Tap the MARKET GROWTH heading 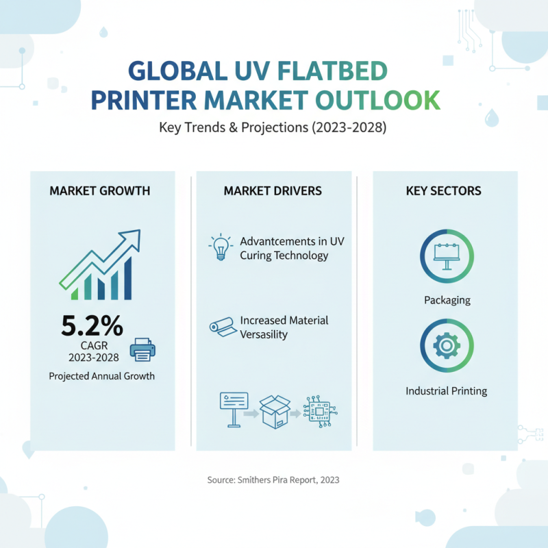[99, 190]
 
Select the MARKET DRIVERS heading [273, 190]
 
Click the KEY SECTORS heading [443, 190]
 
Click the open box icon [275, 412]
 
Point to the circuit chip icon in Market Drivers [319, 411]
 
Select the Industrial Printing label [446, 391]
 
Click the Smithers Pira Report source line [273, 480]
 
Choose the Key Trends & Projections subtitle [273, 128]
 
